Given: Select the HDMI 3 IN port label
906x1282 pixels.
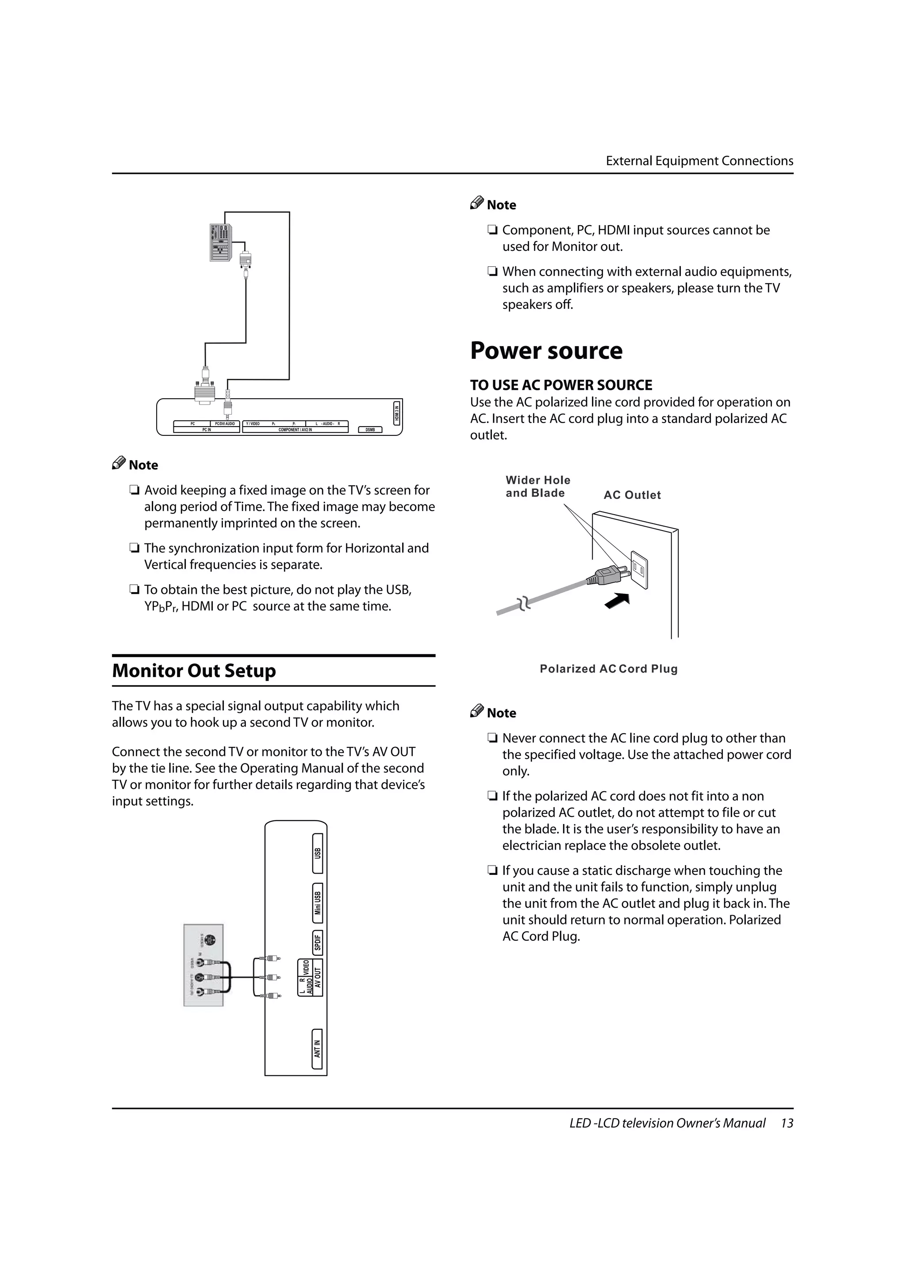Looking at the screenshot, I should (x=397, y=412).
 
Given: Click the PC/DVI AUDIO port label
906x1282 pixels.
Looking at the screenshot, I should (x=225, y=424).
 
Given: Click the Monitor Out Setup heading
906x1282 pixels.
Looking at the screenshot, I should (x=194, y=670).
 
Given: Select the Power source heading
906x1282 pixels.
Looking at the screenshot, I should (x=546, y=350).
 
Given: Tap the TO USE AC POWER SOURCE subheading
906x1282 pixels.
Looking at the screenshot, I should (x=560, y=385).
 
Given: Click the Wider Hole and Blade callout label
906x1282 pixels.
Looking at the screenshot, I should (x=537, y=486).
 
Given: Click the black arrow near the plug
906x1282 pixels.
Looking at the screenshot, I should (x=618, y=601).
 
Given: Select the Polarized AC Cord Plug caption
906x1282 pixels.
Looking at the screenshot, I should (x=608, y=669).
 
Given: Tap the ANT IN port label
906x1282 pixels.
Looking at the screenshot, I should (x=317, y=1049).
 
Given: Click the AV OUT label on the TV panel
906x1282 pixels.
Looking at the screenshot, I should (x=318, y=977).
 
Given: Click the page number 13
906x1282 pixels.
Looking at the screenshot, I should (x=787, y=1123).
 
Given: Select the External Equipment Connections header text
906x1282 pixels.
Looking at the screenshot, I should (x=699, y=161).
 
